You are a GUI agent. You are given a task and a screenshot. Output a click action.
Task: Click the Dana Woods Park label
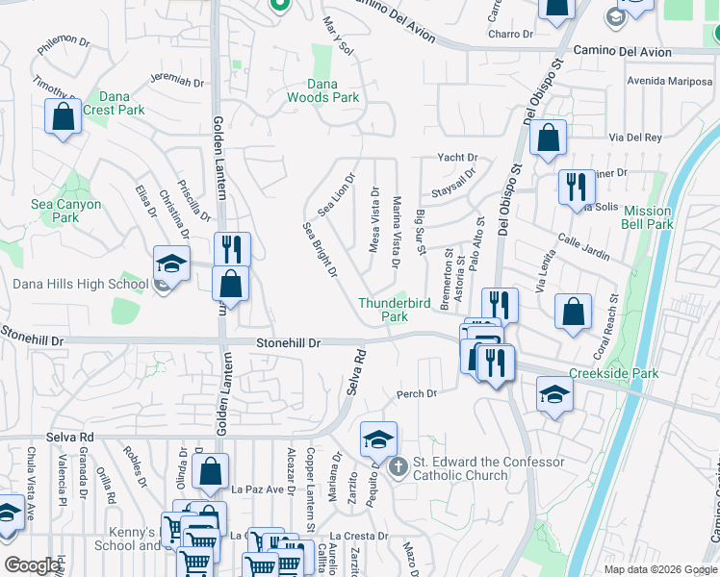321,90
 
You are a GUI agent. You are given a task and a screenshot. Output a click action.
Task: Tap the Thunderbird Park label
397,309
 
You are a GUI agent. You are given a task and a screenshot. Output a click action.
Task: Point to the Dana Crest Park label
114,103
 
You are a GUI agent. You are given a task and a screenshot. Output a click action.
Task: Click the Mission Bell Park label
647,217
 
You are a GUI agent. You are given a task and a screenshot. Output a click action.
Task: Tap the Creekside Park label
612,373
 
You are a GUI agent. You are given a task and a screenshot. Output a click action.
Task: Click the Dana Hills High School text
80,284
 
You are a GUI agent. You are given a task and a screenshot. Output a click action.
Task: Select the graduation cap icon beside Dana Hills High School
170,264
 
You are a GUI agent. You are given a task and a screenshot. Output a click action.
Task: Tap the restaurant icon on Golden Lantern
231,249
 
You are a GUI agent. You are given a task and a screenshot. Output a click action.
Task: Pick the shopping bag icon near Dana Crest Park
63,117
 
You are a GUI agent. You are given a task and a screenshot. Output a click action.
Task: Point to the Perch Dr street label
417,393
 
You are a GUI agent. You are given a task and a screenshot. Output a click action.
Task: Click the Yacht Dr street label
457,157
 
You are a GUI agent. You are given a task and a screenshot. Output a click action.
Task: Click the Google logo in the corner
32,565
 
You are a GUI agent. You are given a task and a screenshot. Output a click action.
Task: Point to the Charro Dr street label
510,34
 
